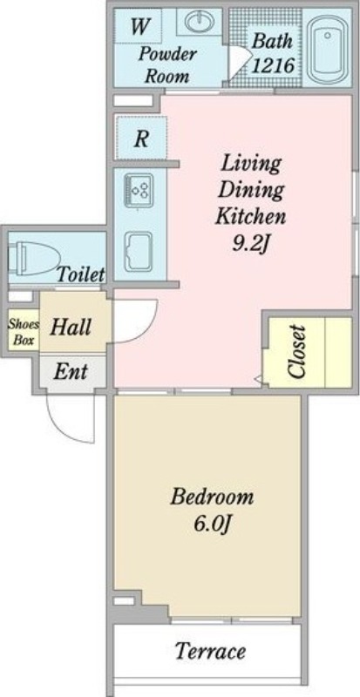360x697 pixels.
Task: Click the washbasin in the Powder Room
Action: (x=200, y=22)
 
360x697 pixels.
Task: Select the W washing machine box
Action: (x=138, y=26)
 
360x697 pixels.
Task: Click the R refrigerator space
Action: (x=140, y=138)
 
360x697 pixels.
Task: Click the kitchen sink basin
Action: (x=139, y=251)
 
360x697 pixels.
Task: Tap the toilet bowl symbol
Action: (x=37, y=258)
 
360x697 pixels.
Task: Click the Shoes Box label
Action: (x=24, y=333)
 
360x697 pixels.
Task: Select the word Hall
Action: (x=71, y=328)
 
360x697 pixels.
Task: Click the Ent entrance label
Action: (x=71, y=371)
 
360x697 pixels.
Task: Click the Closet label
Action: (x=297, y=352)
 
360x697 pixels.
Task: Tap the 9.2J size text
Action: (x=251, y=243)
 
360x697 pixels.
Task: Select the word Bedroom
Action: (x=212, y=497)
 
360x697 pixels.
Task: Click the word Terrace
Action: (x=210, y=651)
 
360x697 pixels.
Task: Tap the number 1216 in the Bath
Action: (x=273, y=66)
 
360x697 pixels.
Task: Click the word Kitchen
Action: (x=250, y=217)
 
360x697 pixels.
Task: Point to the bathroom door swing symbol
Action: (x=238, y=61)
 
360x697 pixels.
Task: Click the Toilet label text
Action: (x=81, y=274)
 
